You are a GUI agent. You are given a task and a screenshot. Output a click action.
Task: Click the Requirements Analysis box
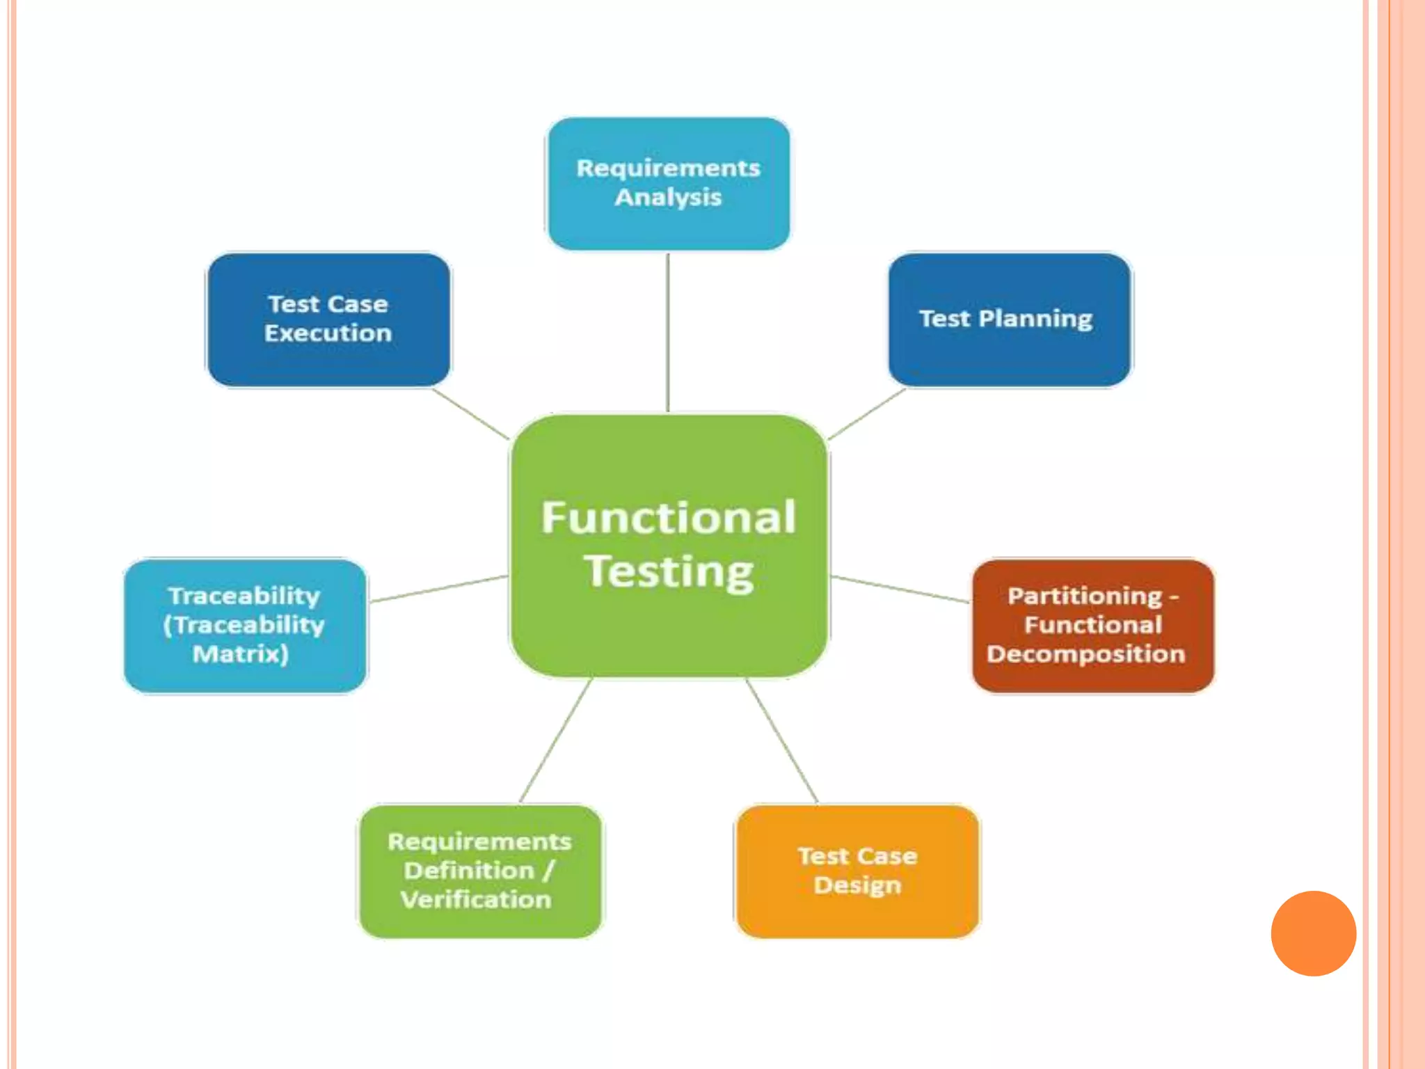668,183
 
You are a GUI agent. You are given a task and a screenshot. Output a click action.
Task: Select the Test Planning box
1009,319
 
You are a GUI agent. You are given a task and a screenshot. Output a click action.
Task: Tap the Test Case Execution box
328,319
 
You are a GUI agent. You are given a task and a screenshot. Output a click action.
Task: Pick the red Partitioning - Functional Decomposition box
1092,625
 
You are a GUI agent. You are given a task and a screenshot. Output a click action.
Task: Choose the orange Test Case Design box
857,871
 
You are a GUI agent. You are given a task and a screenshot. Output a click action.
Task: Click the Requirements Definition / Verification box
480,871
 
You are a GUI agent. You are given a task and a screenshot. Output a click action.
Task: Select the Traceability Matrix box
245,625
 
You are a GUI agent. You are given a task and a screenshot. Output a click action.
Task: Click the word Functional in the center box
668,518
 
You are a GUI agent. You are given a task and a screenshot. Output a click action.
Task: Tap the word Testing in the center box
668,572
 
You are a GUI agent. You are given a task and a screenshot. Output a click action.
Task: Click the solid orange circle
1313,933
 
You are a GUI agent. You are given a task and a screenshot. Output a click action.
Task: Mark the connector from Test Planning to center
867,413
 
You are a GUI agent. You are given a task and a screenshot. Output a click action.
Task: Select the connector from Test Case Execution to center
470,413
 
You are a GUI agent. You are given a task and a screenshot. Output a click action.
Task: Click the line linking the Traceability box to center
438,589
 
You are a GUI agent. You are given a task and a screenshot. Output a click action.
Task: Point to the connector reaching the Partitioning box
900,589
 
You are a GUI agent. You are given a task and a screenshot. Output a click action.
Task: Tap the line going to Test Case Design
782,741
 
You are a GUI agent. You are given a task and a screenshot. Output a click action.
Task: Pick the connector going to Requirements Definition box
555,741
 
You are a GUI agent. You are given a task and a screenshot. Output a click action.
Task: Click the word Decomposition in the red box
1085,654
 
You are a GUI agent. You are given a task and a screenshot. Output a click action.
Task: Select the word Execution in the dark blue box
328,333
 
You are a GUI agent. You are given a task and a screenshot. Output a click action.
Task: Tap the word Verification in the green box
477,900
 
